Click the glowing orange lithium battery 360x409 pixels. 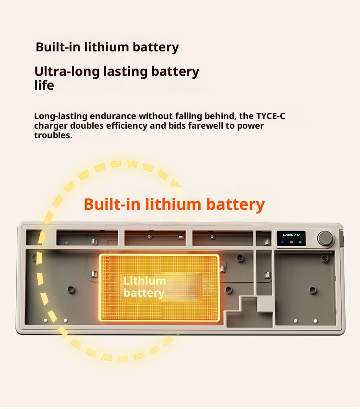pyautogui.click(x=159, y=287)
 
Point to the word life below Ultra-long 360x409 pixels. pyautogui.click(x=44, y=85)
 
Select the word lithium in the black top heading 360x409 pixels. pyautogui.click(x=107, y=47)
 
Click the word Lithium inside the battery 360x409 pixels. pyautogui.click(x=144, y=281)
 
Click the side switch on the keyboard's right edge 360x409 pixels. pyautogui.click(x=342, y=237)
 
